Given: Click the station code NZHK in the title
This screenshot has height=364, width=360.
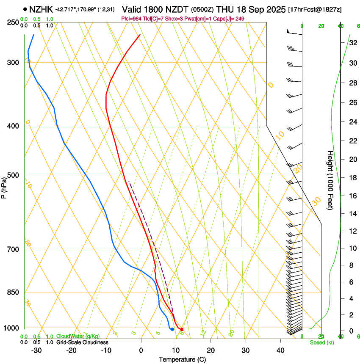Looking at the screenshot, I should [41, 8].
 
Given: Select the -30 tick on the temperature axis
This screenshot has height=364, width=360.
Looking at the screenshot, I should [36, 350].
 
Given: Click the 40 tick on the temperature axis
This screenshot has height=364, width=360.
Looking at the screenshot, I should [280, 350].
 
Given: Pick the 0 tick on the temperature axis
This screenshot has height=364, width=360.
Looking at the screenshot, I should [141, 350].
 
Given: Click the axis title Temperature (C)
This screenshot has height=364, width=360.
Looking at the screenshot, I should [182, 359].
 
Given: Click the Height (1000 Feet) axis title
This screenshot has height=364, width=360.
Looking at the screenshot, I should [330, 180].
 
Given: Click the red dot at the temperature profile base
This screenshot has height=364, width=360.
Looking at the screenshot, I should [182, 329].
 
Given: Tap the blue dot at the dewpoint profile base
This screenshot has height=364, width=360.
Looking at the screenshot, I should [172, 329].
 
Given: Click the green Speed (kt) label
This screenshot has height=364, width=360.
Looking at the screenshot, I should [321, 342].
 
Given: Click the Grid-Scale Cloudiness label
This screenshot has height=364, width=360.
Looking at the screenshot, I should [82, 342].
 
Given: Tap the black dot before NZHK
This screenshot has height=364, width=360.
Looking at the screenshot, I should [25, 8].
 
